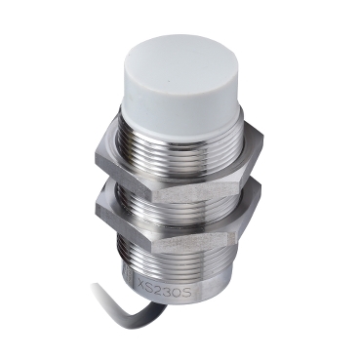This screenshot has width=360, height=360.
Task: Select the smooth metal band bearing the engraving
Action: [x=166, y=293]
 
